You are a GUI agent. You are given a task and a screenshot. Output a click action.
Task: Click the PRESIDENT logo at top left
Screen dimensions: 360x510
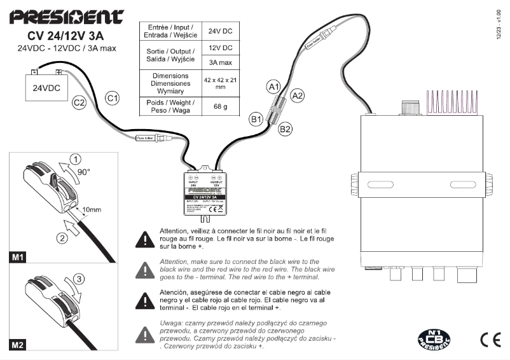pyautogui.click(x=62, y=17)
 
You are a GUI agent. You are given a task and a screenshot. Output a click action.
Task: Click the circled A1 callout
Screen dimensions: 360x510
pyautogui.click(x=273, y=86)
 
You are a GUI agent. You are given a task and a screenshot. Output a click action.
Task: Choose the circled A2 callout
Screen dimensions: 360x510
pyautogui.click(x=297, y=95)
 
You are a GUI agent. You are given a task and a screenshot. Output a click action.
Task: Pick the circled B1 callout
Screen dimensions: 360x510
pyautogui.click(x=256, y=118)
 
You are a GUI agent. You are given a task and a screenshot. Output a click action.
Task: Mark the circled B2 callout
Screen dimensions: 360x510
pyautogui.click(x=286, y=129)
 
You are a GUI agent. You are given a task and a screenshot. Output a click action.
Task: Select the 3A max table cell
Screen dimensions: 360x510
pyautogui.click(x=221, y=63)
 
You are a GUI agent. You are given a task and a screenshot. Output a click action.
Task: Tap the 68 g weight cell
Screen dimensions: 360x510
pyautogui.click(x=221, y=106)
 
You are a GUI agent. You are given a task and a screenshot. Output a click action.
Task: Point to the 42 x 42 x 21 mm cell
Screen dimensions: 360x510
pyautogui.click(x=221, y=83)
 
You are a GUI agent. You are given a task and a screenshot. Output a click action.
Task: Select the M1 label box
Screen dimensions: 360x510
pyautogui.click(x=18, y=258)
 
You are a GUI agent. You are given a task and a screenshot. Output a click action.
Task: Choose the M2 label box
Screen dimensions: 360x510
pyautogui.click(x=18, y=347)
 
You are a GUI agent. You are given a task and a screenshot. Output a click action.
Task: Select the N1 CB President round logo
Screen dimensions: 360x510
pyautogui.click(x=431, y=339)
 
